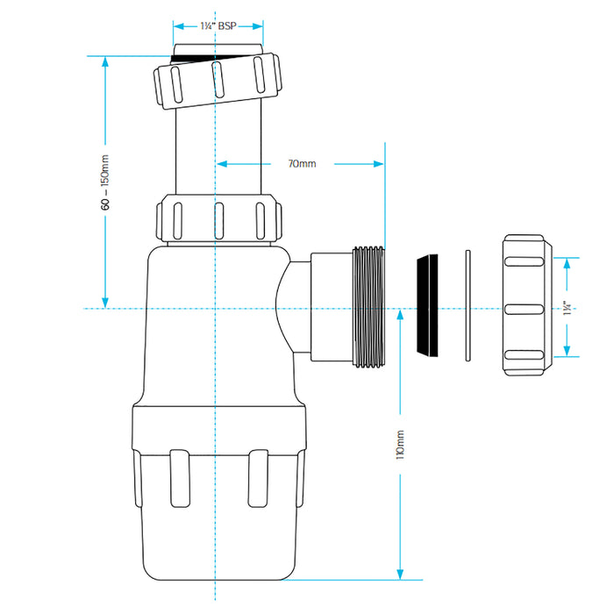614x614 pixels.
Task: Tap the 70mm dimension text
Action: (302, 163)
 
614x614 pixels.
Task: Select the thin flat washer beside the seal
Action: (467, 307)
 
